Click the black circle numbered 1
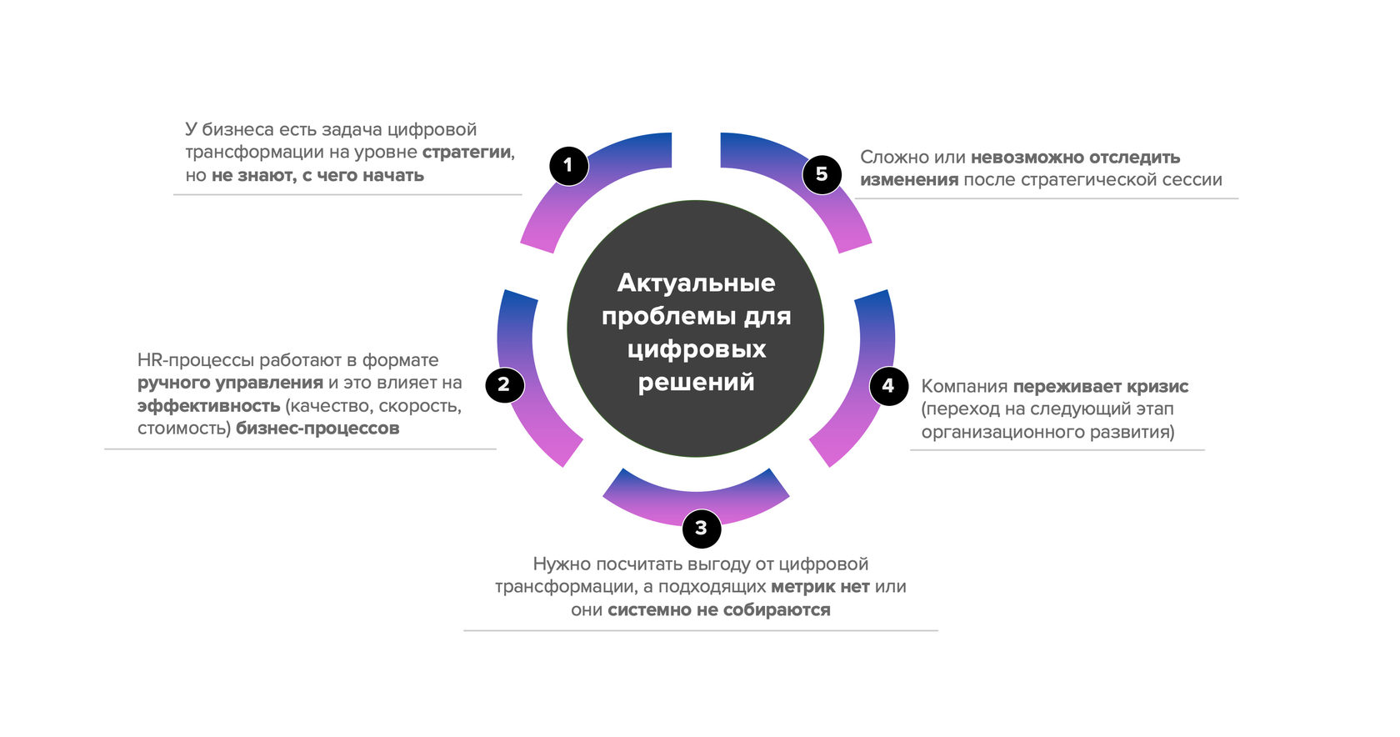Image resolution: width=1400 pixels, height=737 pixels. tap(568, 165)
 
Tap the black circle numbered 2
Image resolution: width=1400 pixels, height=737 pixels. tap(503, 384)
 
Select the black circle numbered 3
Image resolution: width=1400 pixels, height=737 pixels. tap(701, 528)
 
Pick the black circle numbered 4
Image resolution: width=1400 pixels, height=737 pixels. tap(888, 385)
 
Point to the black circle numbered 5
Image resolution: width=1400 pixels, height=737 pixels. tap(822, 173)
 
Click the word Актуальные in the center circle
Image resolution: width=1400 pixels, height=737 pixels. tap(696, 283)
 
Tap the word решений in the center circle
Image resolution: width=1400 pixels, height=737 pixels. tap(696, 382)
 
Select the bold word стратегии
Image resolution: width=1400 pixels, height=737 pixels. tap(466, 153)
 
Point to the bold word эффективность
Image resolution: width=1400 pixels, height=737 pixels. tap(208, 406)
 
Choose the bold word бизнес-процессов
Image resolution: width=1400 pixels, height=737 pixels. tap(317, 429)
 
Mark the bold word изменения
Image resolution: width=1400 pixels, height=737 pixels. tap(908, 179)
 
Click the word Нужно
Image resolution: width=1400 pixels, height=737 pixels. tap(561, 564)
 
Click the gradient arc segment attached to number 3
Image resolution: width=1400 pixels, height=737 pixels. tap(696, 494)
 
